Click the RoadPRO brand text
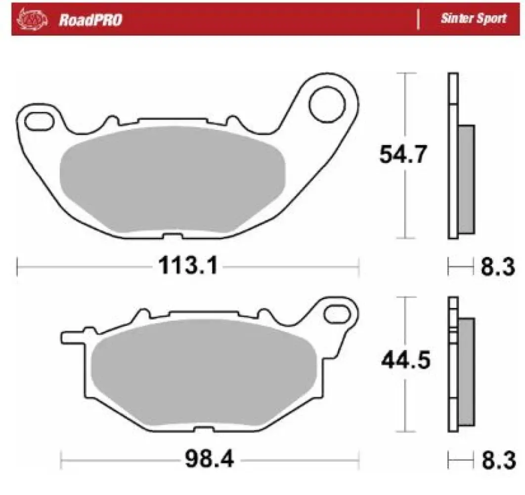90,20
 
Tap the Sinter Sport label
474,19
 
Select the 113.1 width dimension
188,267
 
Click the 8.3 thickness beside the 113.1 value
497,268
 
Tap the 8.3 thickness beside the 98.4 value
497,461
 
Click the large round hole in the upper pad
327,102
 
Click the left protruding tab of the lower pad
72,337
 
